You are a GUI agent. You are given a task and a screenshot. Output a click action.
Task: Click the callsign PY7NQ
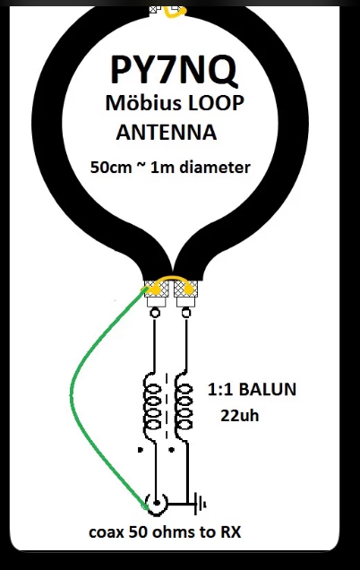pyautogui.click(x=174, y=69)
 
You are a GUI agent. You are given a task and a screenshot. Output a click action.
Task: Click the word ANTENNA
pyautogui.click(x=167, y=132)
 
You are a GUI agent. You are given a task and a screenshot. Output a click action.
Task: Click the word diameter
pyautogui.click(x=215, y=168)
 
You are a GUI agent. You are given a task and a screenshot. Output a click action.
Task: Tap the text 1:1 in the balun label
pyautogui.click(x=220, y=389)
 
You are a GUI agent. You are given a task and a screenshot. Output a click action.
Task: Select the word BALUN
pyautogui.click(x=268, y=389)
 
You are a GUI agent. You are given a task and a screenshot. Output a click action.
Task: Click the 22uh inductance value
pyautogui.click(x=240, y=415)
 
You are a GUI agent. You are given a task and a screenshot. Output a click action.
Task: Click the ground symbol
pyautogui.click(x=200, y=504)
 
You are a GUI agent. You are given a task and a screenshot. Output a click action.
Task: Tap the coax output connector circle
pyautogui.click(x=157, y=504)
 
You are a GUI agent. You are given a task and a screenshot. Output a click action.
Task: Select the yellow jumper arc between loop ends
pyautogui.click(x=172, y=280)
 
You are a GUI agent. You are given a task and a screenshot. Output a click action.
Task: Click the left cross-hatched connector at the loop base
pyautogui.click(x=157, y=289)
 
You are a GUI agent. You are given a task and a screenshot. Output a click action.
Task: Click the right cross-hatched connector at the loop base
pyautogui.click(x=186, y=289)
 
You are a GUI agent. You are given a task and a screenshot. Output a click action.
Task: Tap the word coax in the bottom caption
pyautogui.click(x=106, y=532)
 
